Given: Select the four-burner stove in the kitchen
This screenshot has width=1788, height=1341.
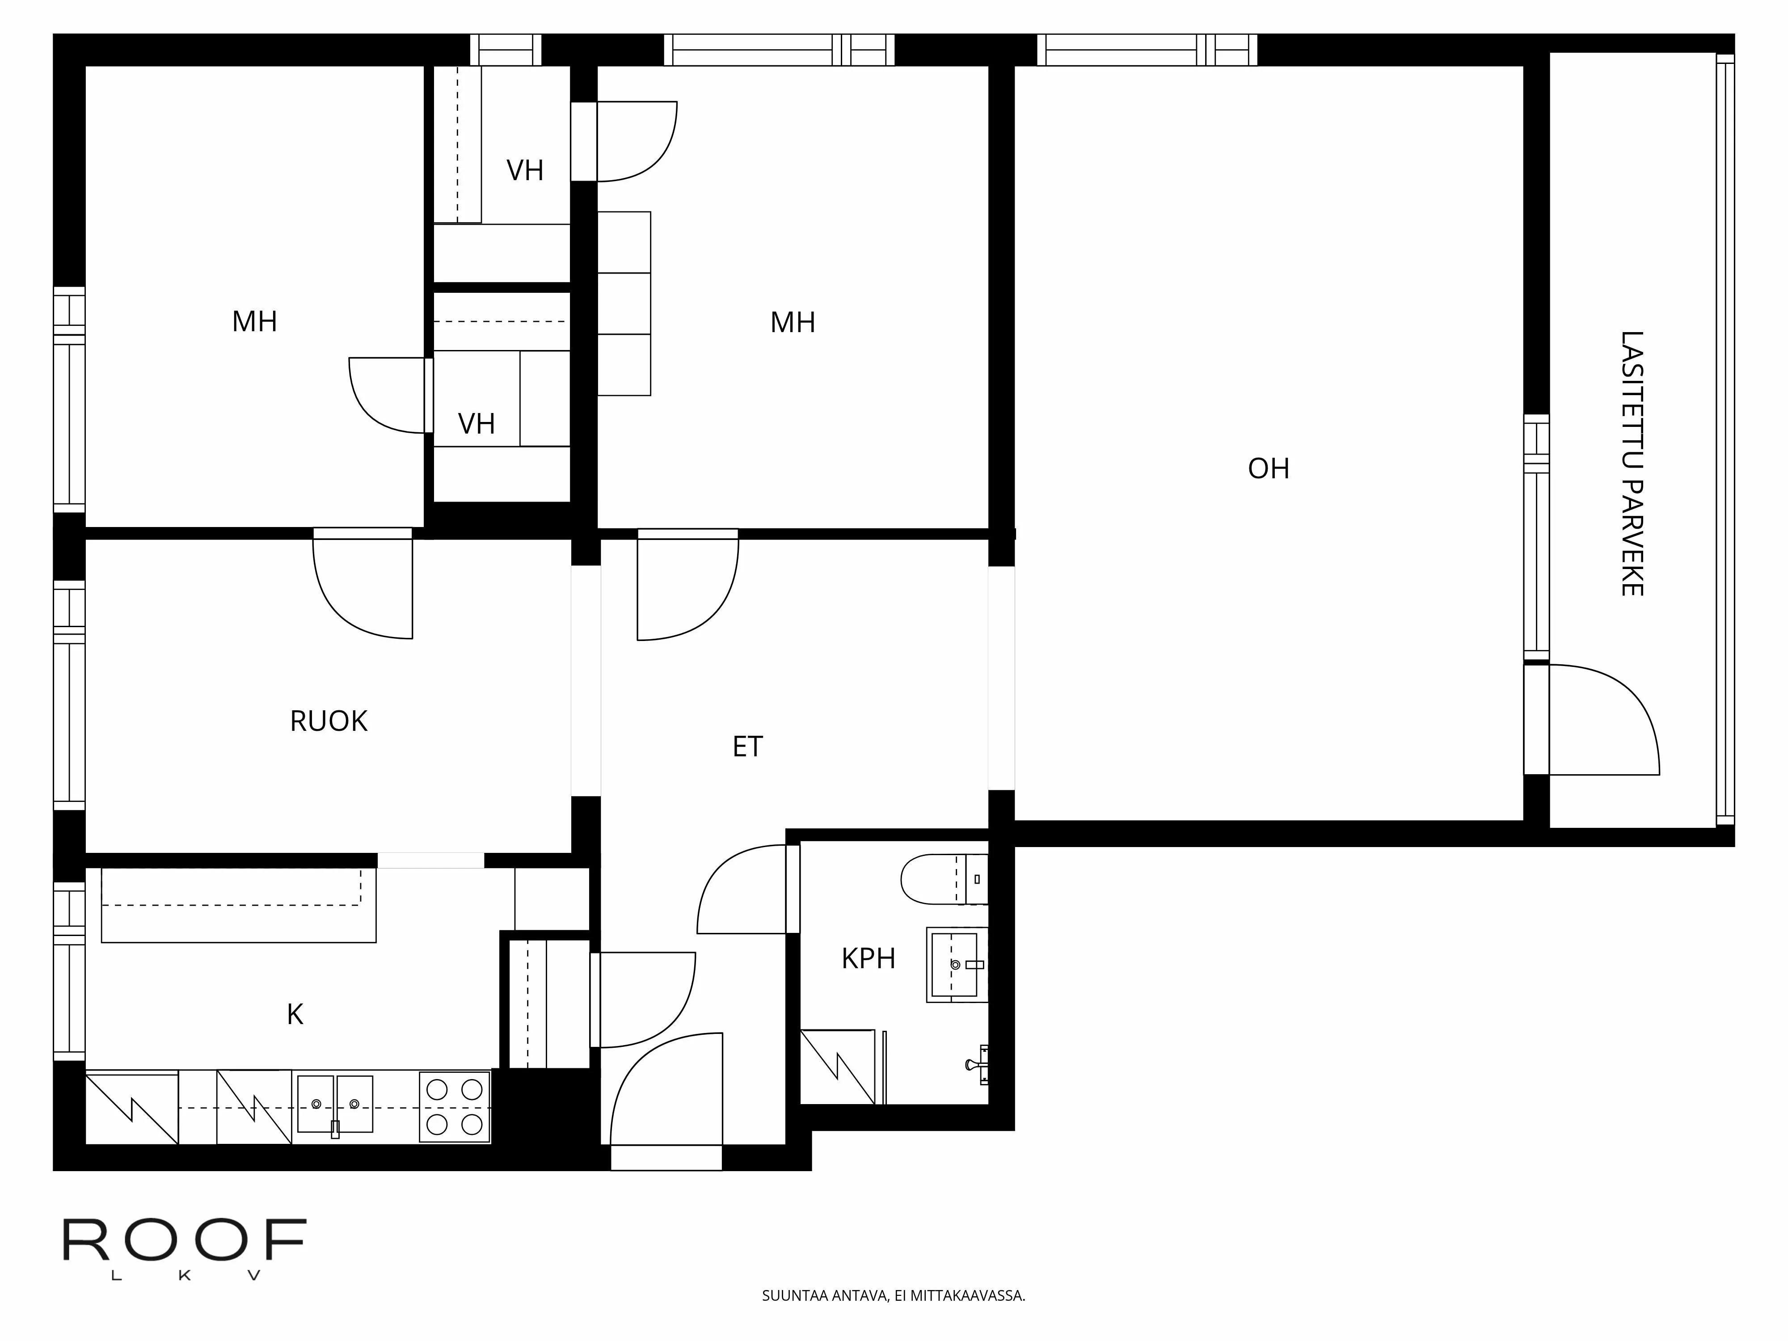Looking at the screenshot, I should pos(454,1107).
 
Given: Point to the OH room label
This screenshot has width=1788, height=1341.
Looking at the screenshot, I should pos(1268,469).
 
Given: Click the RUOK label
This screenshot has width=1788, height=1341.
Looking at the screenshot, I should pos(328,721).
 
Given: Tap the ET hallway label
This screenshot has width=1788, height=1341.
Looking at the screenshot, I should pos(747,747).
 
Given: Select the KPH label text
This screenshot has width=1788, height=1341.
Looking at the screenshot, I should pos(868,959).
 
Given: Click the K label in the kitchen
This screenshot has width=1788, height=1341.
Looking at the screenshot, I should pos(295,1014).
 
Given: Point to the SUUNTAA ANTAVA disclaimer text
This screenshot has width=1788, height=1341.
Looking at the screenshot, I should pos(893,1296).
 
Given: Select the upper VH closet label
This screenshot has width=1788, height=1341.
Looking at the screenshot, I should pos(525,171).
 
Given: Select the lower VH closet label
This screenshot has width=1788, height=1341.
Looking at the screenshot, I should pos(476,424).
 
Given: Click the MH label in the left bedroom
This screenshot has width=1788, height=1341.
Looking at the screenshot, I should pos(255,322).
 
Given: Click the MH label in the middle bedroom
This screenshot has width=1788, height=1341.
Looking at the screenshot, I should pos(792,323).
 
